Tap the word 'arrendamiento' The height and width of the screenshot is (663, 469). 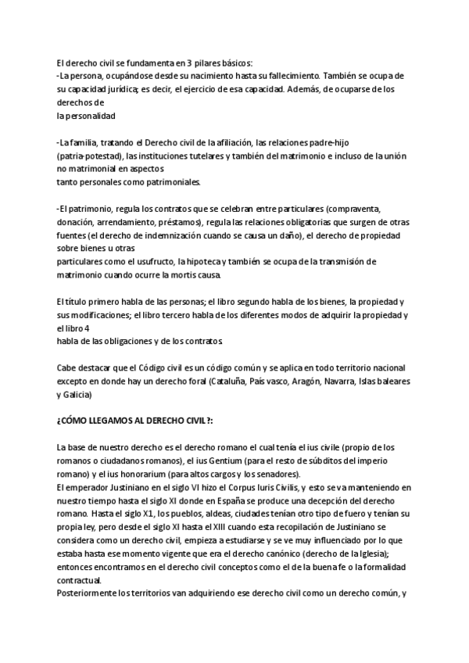[127, 221]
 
